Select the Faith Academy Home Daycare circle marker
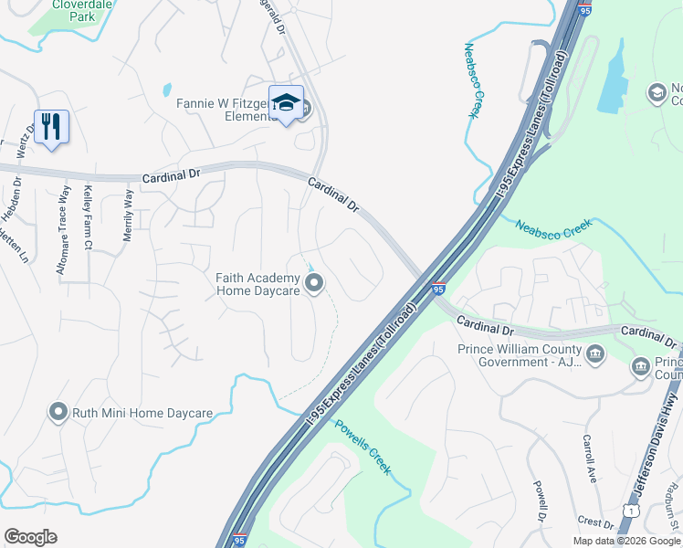315,285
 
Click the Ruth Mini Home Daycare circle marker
59,413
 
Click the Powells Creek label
363,448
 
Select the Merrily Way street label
129,216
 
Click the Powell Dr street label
541,503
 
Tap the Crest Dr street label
595,522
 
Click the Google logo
30,537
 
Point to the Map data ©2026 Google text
625,541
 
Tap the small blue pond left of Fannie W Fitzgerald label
166,90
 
